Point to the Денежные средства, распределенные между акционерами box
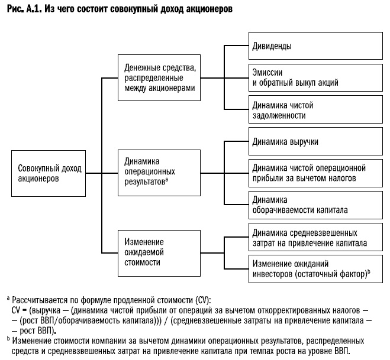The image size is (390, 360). pos(159,78)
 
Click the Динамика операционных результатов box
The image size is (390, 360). pos(159,171)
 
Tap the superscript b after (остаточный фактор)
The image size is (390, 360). pos(369,270)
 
